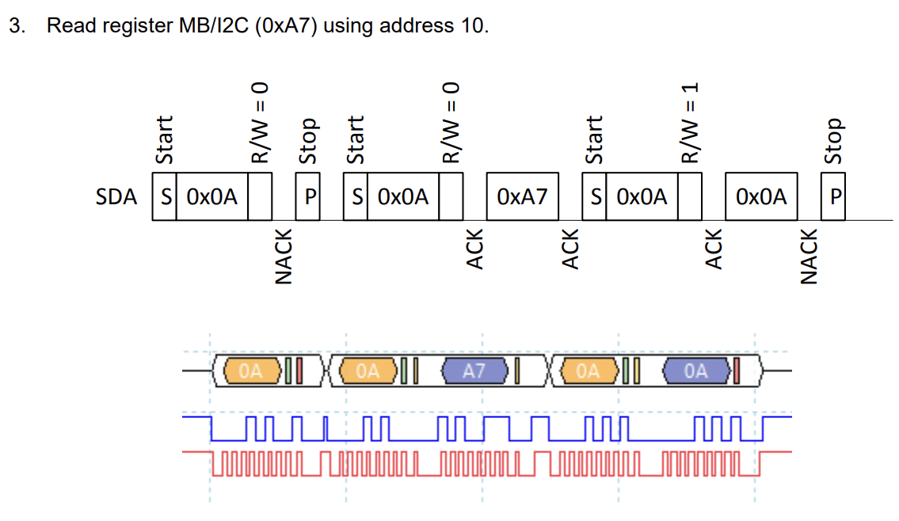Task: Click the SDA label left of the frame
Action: (116, 197)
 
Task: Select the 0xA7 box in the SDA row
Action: (522, 196)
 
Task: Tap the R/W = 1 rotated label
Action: (691, 123)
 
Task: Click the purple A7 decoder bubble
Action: (474, 370)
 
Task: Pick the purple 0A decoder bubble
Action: (695, 370)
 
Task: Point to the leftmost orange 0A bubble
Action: (251, 370)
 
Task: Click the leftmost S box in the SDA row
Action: (164, 196)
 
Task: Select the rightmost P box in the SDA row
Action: (833, 196)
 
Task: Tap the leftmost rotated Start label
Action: (164, 140)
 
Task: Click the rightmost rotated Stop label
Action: (832, 141)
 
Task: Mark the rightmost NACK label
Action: (808, 256)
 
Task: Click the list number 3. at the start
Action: (17, 25)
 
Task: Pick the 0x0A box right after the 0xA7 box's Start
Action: (642, 196)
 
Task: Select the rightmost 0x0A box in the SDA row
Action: (761, 196)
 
